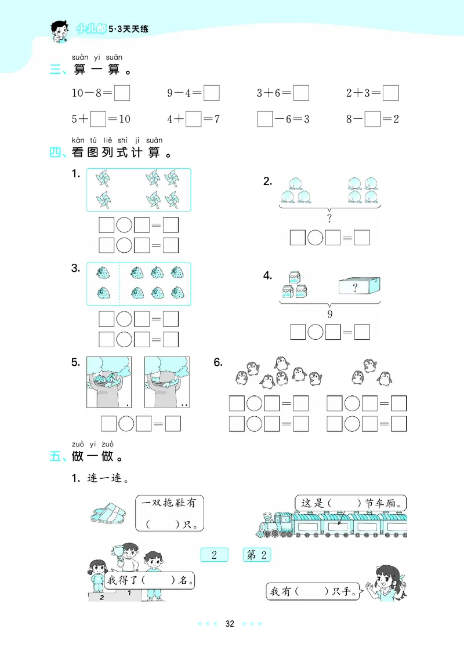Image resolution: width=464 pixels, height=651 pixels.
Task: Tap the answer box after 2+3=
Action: pyautogui.click(x=391, y=93)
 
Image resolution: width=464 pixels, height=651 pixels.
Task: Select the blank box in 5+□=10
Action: pyautogui.click(x=99, y=119)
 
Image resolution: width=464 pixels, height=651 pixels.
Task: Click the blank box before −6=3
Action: pyautogui.click(x=265, y=119)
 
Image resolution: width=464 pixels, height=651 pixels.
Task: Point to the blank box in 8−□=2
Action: pyautogui.click(x=372, y=119)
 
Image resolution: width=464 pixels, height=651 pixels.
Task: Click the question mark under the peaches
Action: pyautogui.click(x=329, y=219)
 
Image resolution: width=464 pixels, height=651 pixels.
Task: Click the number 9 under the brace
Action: pyautogui.click(x=329, y=314)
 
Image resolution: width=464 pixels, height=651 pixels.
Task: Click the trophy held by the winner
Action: pyautogui.click(x=120, y=547)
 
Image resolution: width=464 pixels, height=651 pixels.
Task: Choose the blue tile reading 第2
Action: pyautogui.click(x=256, y=555)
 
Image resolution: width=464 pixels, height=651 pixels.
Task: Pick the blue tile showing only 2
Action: pyautogui.click(x=214, y=555)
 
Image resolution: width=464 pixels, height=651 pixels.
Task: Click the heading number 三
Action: pyautogui.click(x=56, y=71)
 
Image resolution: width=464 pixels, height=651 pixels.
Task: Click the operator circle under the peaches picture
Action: pyautogui.click(x=315, y=237)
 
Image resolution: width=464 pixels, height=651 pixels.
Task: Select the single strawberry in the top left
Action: pyautogui.click(x=103, y=272)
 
